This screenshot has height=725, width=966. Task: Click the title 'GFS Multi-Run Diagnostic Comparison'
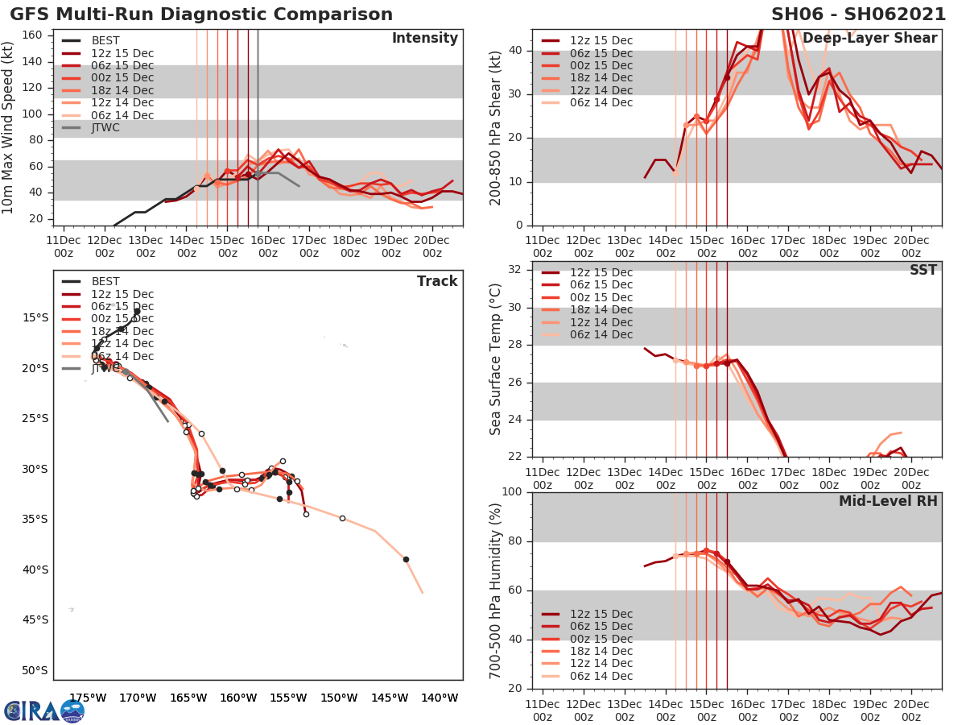201,14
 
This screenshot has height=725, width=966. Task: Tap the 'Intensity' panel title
424,39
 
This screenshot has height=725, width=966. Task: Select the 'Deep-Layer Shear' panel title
869,39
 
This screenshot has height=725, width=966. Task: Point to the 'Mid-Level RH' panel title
888,501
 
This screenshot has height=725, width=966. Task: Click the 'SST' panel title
924,270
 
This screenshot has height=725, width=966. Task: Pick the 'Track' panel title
436,281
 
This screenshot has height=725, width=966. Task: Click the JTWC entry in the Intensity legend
105,127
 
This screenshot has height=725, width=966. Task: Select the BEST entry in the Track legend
105,281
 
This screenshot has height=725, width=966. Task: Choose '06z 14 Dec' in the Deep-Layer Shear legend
601,102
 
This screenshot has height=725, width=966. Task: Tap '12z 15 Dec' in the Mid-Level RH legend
601,614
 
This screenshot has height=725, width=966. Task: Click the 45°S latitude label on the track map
34,619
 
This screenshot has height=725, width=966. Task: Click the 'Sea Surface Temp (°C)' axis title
496,360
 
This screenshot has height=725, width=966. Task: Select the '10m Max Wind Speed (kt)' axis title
9,128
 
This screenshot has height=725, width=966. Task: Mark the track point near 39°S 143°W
406,559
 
